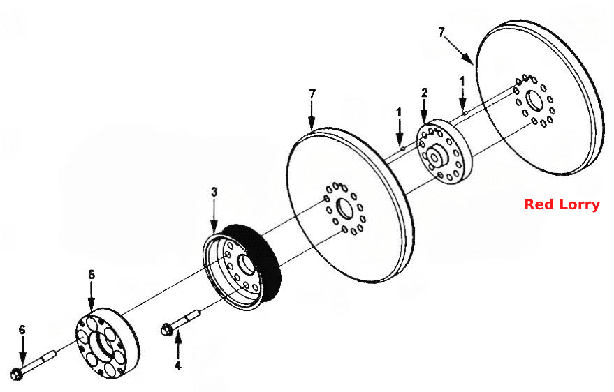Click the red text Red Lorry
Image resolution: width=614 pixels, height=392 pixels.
point(562,204)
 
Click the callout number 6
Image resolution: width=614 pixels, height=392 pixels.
point(22,330)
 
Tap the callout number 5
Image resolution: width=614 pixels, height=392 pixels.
point(92,274)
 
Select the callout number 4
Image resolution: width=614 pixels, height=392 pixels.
point(178,365)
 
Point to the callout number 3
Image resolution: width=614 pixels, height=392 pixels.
point(214,193)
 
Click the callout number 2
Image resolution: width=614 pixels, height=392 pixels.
point(425,93)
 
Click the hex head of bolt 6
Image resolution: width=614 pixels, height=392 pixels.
point(17,373)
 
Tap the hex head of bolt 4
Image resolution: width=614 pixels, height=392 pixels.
point(166,329)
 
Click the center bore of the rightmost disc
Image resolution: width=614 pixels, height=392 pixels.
point(533,101)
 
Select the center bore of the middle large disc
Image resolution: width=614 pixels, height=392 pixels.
point(344,209)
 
